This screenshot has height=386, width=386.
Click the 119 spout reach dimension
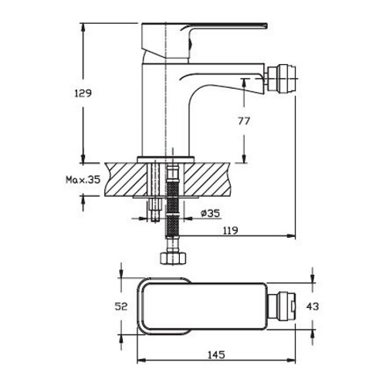(229, 230)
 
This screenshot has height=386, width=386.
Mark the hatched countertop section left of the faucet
(124, 178)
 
